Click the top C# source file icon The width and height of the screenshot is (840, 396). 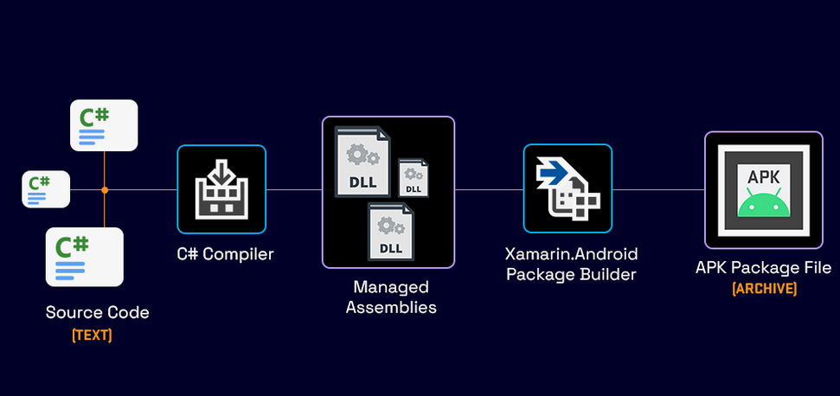tap(104, 125)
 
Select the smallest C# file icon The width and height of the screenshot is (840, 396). tap(46, 189)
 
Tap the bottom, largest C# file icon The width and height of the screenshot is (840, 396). tap(84, 257)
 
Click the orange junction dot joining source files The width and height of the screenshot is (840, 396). tap(105, 189)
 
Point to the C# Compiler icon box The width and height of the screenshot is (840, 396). tap(221, 189)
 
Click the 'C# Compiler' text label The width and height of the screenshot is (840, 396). tap(221, 254)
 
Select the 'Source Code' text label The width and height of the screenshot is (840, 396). tap(97, 313)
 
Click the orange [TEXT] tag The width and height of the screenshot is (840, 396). tap(92, 335)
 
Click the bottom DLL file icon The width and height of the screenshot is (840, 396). tap(390, 230)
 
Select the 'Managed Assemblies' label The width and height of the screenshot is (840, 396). tap(390, 297)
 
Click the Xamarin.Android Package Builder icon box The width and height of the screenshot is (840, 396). tap(567, 188)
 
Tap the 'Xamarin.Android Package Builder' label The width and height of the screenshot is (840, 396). tap(571, 265)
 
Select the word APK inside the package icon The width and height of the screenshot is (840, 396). tap(763, 177)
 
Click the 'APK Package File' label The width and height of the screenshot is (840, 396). tap(763, 268)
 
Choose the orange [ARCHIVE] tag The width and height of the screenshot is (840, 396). tap(764, 289)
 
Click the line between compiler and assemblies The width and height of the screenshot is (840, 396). tap(294, 189)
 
